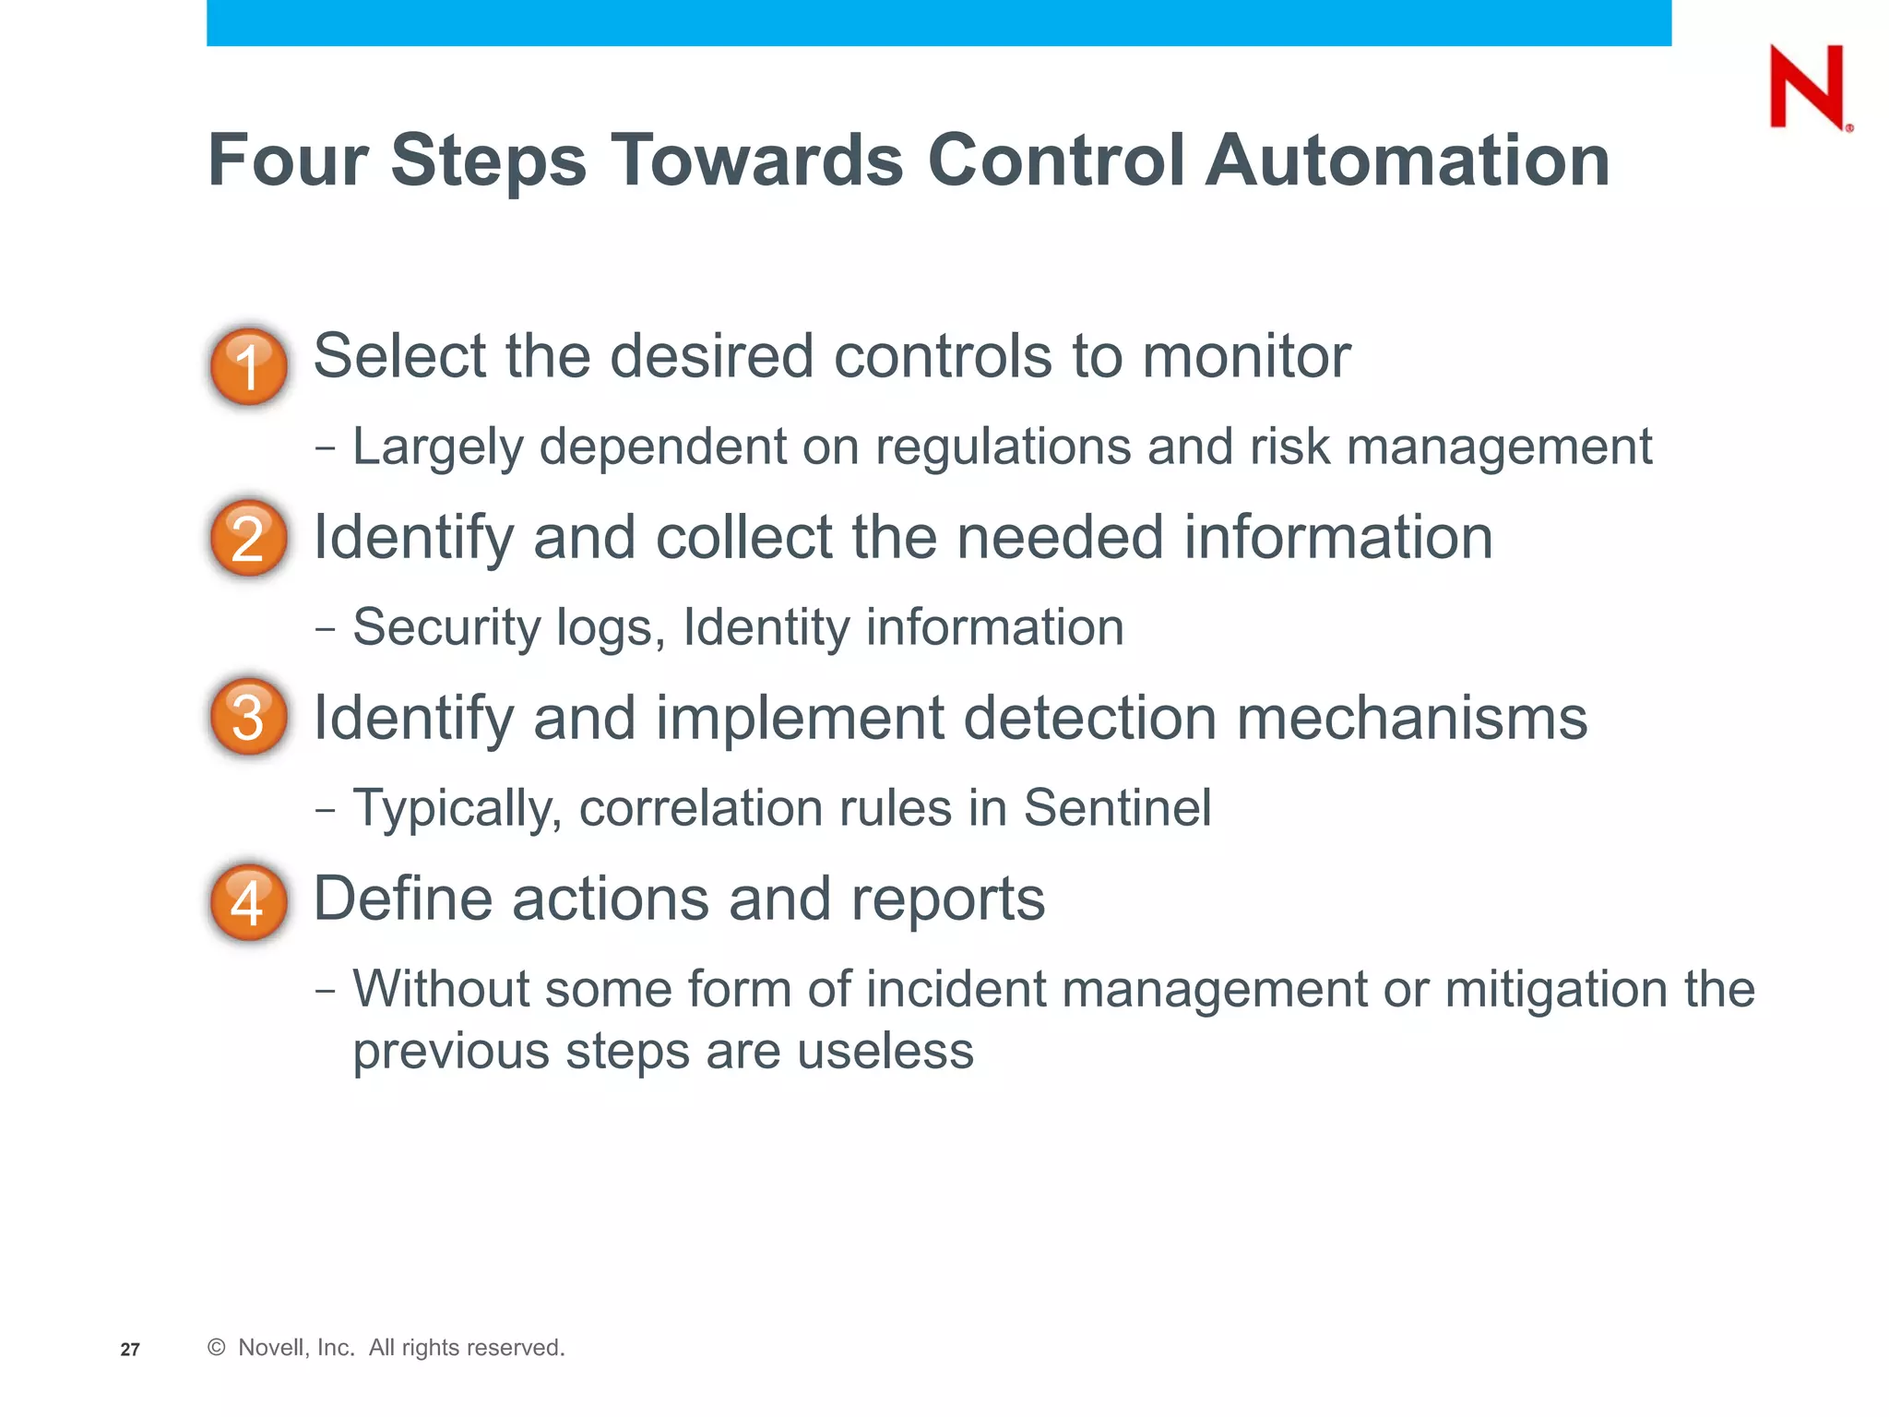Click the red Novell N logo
[1808, 87]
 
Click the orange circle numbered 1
[249, 366]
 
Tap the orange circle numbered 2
[249, 538]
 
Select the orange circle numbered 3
[249, 717]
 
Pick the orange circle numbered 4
[249, 901]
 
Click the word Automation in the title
[1408, 161]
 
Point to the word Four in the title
[288, 161]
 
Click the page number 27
[130, 1350]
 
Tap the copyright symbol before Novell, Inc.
[217, 1348]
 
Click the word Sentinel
[1117, 808]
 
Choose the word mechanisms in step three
[1411, 718]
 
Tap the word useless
[885, 1052]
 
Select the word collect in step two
[744, 537]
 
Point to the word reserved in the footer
[517, 1348]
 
